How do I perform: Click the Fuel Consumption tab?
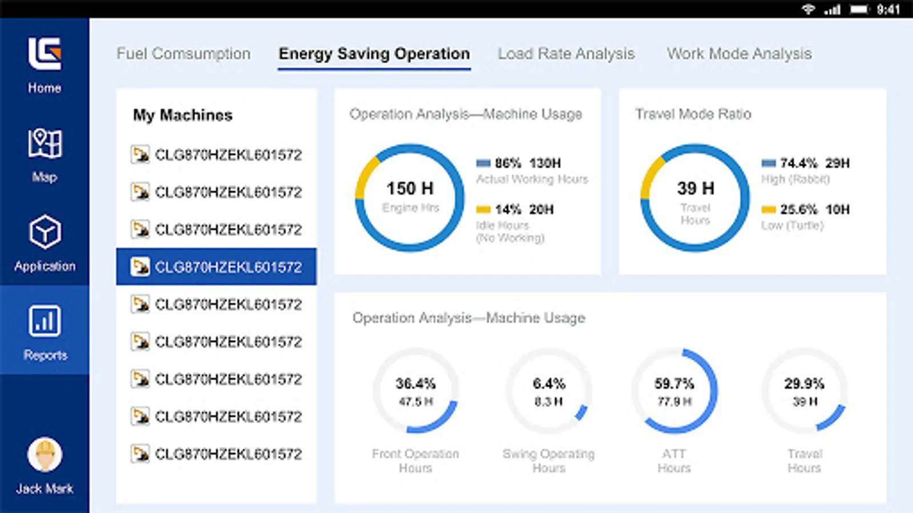(183, 54)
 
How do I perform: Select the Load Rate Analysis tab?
(566, 54)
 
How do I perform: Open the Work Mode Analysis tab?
(739, 54)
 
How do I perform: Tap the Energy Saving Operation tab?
(374, 54)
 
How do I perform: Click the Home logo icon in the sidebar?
(45, 54)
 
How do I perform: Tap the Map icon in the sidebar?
(45, 143)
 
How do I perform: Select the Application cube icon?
(45, 232)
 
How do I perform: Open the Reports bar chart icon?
(45, 321)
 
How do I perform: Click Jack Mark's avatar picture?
(45, 455)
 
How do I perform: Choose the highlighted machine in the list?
(217, 267)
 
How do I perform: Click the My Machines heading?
(183, 115)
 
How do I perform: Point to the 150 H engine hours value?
(410, 188)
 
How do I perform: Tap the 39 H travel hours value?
(695, 188)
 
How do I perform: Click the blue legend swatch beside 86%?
(483, 163)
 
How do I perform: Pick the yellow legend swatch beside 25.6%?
(769, 209)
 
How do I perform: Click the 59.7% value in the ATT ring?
(674, 384)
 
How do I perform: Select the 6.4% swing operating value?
(549, 384)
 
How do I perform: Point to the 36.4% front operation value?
(415, 384)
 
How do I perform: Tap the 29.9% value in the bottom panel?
(804, 384)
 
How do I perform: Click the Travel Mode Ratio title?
(693, 114)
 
